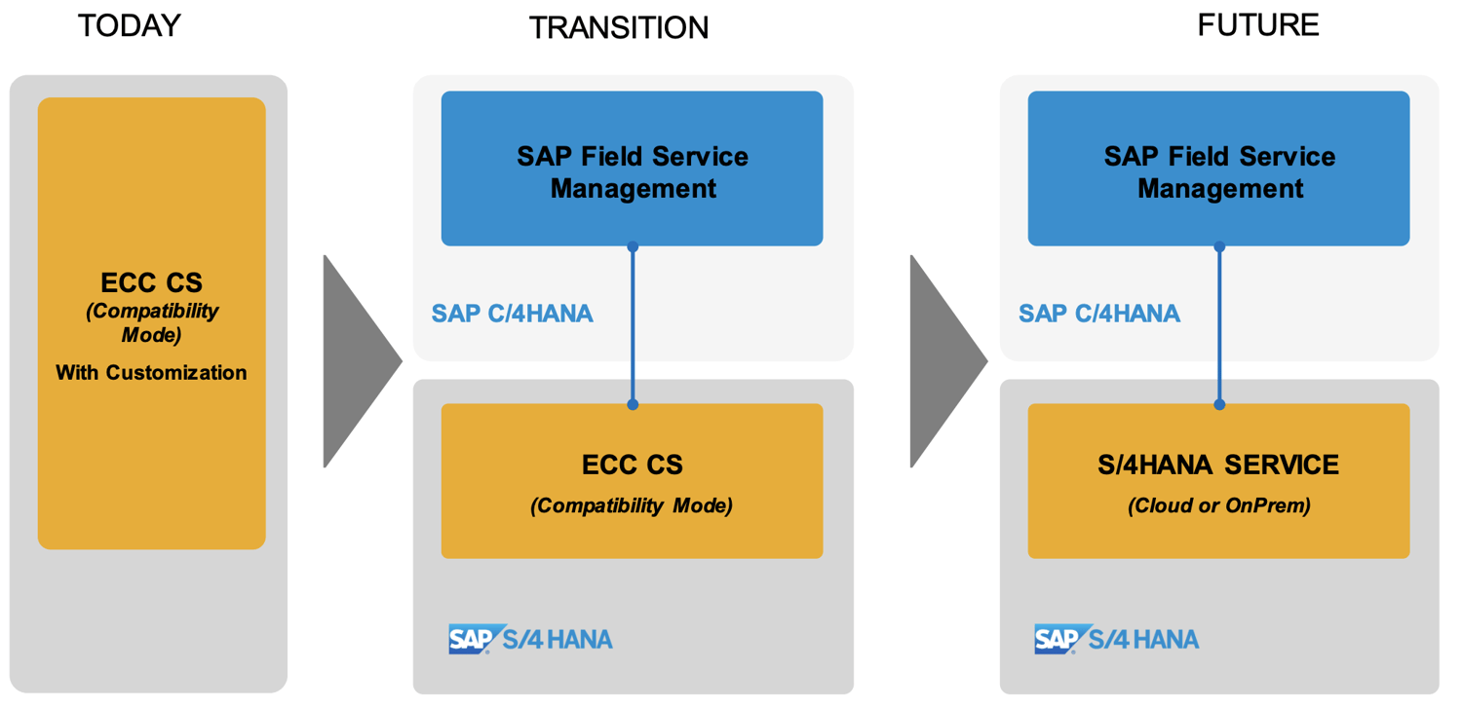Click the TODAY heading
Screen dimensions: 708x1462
(129, 26)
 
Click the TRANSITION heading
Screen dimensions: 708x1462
(618, 28)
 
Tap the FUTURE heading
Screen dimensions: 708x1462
(1257, 25)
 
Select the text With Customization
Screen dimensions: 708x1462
(151, 372)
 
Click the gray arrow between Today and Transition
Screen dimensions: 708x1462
(356, 361)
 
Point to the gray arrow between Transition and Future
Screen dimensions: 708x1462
(943, 361)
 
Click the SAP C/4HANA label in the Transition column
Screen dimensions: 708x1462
(512, 314)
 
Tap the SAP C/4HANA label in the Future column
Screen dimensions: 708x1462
(1098, 314)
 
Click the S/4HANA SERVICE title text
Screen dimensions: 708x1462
(1218, 466)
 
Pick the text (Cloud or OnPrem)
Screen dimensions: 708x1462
(1218, 506)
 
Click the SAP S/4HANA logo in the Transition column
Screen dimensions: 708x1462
(530, 639)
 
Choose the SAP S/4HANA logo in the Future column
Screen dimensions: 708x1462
(1117, 639)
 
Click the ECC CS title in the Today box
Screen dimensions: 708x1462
(151, 283)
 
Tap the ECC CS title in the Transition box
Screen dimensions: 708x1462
(632, 466)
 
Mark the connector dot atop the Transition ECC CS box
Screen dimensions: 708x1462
(633, 404)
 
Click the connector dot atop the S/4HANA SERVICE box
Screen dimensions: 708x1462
(1219, 404)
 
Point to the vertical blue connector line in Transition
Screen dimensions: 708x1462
(633, 326)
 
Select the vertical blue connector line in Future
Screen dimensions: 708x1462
(1219, 326)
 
